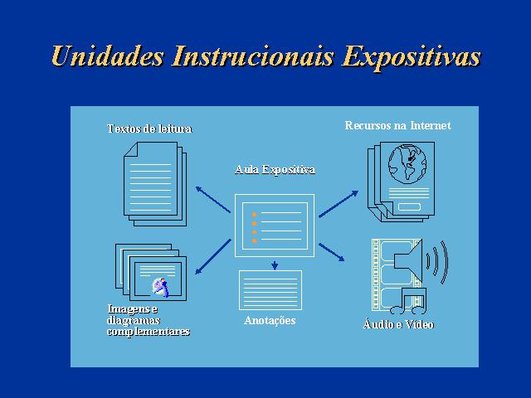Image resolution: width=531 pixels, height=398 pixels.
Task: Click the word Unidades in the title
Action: point(108,56)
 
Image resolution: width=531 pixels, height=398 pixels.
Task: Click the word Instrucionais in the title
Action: point(253,56)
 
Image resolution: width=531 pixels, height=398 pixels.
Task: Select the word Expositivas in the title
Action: point(412,58)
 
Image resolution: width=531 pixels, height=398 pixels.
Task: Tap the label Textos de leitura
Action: point(149,129)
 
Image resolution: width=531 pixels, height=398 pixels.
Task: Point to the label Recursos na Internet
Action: point(398,125)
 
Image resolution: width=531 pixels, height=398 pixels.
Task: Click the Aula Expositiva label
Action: point(275,169)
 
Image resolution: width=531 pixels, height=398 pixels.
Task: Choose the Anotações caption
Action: point(270,321)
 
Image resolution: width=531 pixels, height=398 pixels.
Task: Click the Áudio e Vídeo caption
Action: point(398,324)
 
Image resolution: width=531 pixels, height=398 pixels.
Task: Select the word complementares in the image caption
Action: point(149,332)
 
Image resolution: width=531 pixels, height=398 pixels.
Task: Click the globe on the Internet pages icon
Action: point(407,164)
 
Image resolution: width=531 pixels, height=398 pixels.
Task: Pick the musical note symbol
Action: point(408,301)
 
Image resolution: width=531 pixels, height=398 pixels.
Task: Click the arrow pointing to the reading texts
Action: point(213,200)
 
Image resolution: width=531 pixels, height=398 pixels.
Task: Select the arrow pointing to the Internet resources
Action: point(339,204)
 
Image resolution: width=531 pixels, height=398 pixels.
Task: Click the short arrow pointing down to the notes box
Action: point(275,265)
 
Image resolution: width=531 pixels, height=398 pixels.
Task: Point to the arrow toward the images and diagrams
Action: point(213,256)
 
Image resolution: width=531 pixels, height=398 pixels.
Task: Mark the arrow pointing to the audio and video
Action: point(332,252)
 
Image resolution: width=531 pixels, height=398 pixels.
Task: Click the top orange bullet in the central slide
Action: point(255,215)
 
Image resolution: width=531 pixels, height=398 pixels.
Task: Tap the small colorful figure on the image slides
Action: point(161,288)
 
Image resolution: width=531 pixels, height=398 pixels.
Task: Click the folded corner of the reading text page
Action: point(131,149)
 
